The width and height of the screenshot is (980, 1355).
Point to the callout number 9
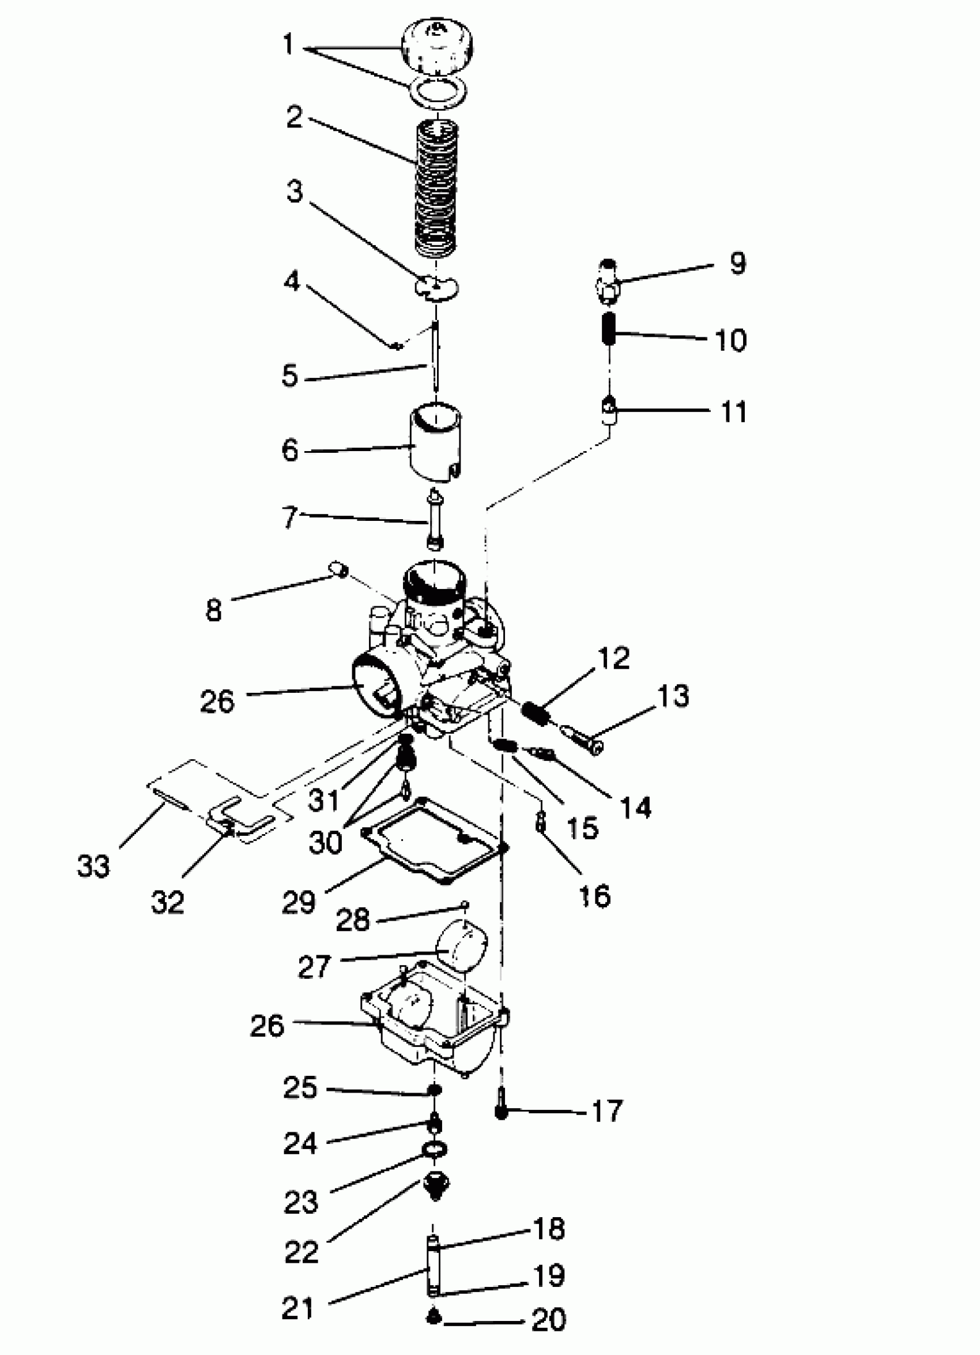click(x=738, y=263)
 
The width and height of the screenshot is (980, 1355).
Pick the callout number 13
click(x=674, y=696)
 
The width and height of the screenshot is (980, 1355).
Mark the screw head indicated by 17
click(x=501, y=1112)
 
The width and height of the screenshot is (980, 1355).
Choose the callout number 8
click(x=214, y=610)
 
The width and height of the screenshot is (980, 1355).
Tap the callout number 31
click(x=325, y=800)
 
